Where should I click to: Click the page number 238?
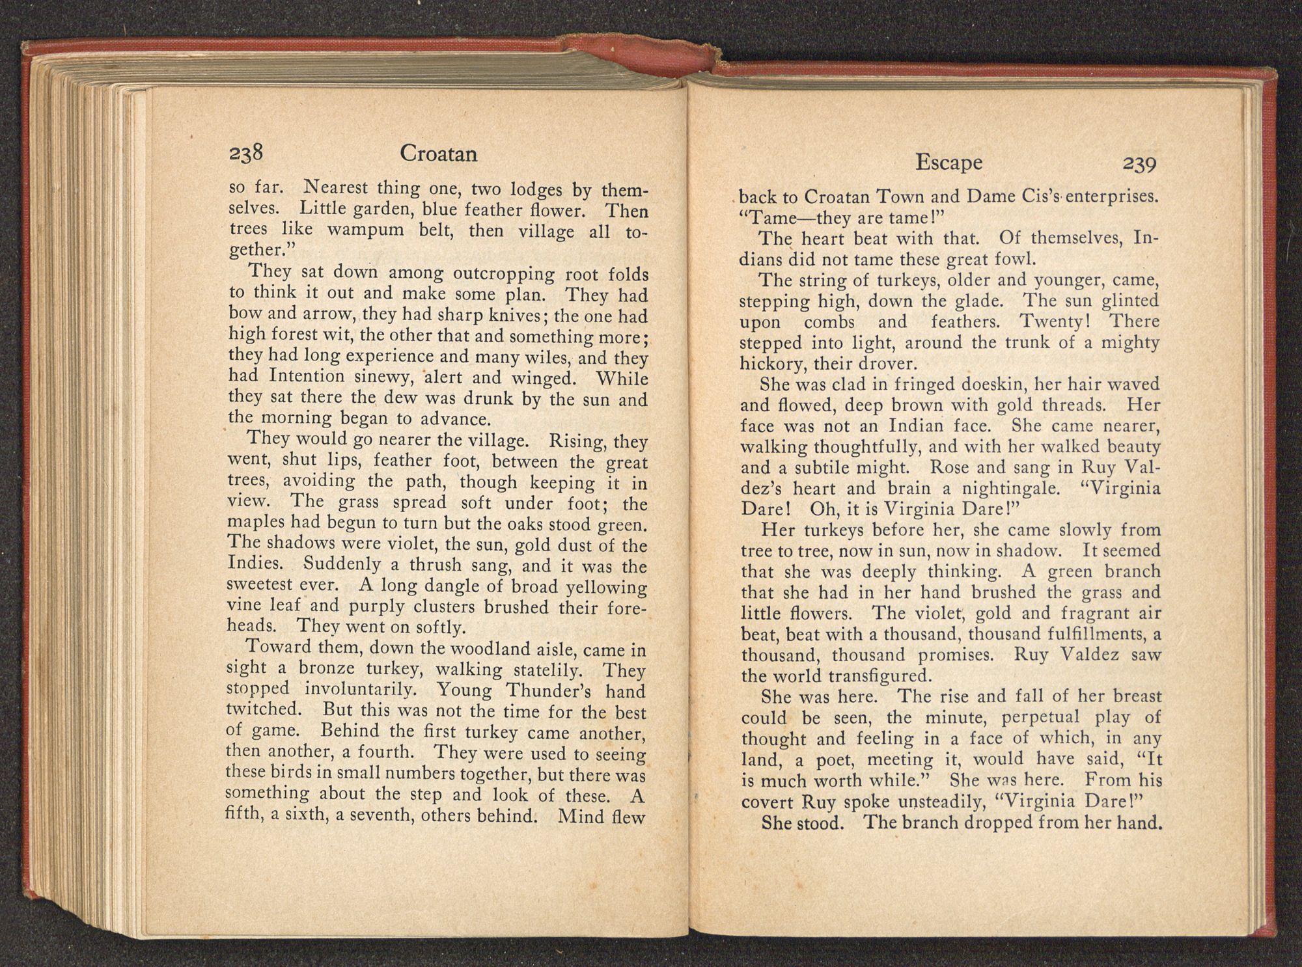(x=245, y=154)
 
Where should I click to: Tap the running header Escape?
(x=949, y=163)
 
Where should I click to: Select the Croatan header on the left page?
(x=438, y=154)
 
